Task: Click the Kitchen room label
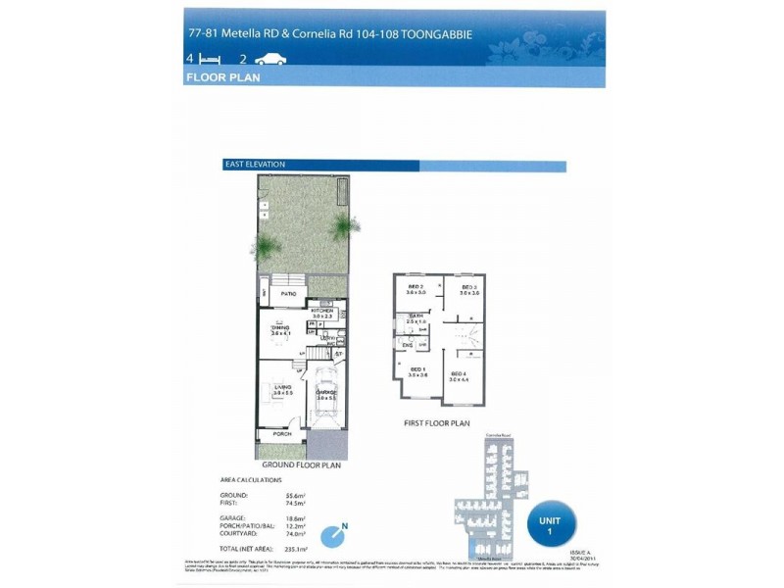pos(323,311)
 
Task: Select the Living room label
pos(283,389)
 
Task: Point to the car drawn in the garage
pos(325,397)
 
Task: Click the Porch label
pos(282,433)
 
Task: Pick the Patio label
pos(289,293)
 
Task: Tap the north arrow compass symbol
pos(339,535)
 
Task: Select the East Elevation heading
pos(254,165)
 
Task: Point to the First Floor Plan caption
pos(437,423)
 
